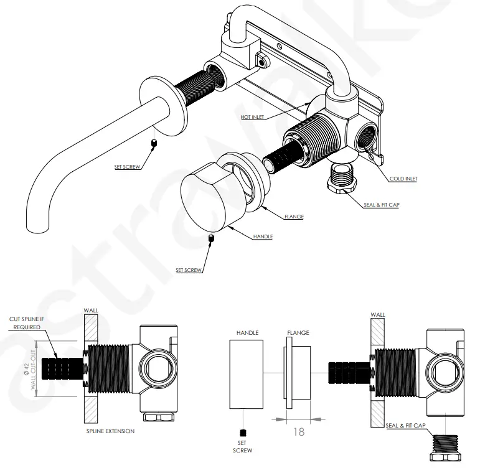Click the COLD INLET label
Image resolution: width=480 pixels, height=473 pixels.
coord(403,179)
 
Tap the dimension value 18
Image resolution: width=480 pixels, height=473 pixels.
coord(298,431)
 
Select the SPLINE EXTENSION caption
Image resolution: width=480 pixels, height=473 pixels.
coord(111,431)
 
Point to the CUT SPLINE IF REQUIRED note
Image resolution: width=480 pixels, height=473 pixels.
coord(26,323)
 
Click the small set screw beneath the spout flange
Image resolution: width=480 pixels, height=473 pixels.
coord(153,144)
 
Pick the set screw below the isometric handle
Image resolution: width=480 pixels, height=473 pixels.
coord(212,238)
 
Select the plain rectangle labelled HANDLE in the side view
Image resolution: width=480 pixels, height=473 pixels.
coord(247,373)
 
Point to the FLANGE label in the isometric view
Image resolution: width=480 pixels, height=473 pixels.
coord(293,217)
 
